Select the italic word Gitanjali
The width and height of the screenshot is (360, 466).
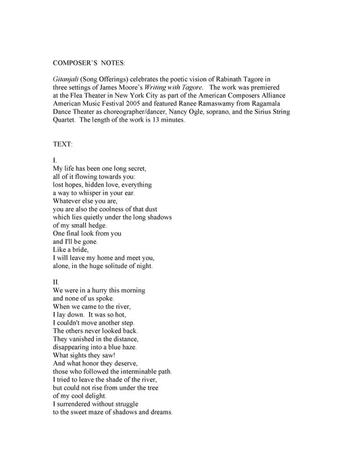(x=66, y=78)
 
